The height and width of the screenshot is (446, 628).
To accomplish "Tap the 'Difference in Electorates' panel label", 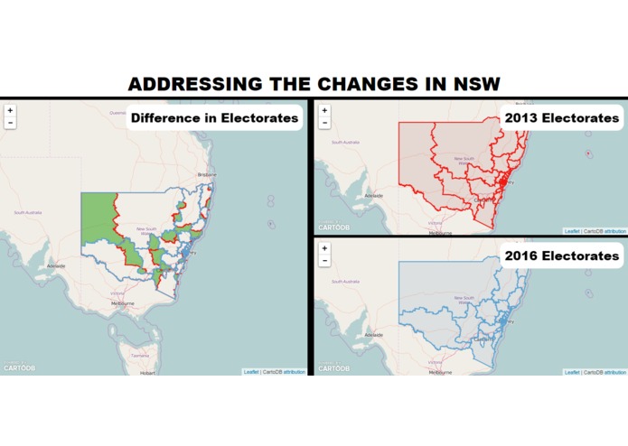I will [214, 117].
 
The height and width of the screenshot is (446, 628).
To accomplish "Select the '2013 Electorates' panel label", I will [562, 117].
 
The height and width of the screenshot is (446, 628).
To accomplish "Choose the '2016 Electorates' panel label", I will [562, 256].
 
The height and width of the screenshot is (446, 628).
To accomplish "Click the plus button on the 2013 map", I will [325, 111].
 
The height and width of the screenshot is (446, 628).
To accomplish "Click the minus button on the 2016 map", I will [325, 261].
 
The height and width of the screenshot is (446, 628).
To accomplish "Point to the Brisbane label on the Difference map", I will [208, 174].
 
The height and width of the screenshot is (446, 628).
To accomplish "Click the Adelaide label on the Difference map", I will [56, 266].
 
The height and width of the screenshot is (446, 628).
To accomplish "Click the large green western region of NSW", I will [98, 221].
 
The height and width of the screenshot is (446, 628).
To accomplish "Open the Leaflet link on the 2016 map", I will [571, 372].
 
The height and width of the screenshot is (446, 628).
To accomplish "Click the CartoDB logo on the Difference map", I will [19, 368].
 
